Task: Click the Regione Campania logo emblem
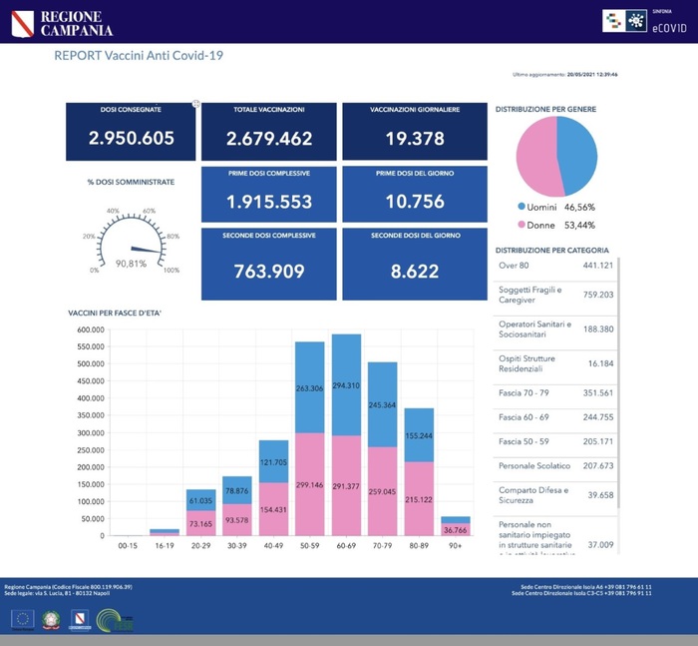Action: click(x=22, y=22)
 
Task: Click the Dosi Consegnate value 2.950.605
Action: click(x=132, y=139)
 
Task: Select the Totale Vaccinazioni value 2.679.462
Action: click(x=269, y=139)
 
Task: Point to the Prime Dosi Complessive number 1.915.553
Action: click(x=269, y=202)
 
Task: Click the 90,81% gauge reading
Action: click(x=132, y=265)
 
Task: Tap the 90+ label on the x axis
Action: click(x=455, y=545)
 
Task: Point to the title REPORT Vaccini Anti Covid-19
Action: click(x=139, y=56)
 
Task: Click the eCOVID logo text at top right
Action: click(x=667, y=27)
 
